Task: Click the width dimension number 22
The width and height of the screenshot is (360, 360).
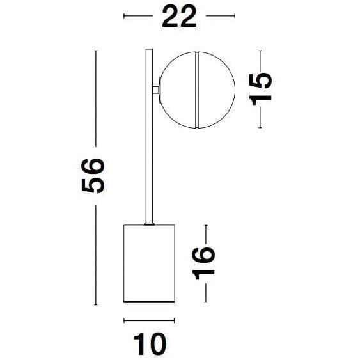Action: pos(179,17)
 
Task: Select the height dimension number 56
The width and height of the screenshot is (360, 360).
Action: pos(93,175)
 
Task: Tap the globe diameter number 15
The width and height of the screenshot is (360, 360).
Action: pos(261,88)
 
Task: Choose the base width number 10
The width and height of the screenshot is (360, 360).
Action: pos(150,344)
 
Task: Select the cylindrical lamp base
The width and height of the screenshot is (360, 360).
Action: pos(148,263)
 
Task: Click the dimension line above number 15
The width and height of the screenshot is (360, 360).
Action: pos(260,60)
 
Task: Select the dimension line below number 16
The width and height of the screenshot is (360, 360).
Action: pos(205,292)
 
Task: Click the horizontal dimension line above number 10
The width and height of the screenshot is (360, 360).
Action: pos(148,320)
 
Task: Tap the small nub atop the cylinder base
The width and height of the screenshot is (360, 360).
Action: pos(148,223)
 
